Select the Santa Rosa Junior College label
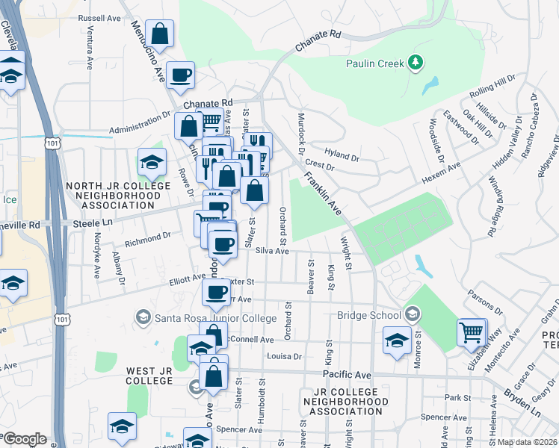pos(215,317)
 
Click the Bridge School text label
pos(368,315)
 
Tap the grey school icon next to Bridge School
pos(410,314)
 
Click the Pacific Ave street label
pos(347,373)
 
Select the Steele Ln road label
pos(92,223)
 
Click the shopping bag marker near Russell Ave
pos(160,34)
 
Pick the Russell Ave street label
pos(99,16)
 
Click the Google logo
pos(25,439)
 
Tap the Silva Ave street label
pos(272,252)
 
